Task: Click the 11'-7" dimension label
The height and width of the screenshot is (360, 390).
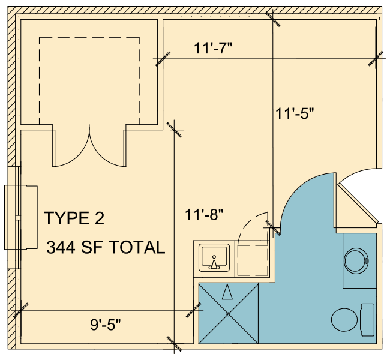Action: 212,48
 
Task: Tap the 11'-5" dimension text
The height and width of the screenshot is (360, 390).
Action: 295,113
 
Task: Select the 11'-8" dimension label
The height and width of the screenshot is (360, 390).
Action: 204,214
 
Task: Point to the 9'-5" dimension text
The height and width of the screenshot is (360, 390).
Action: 106,325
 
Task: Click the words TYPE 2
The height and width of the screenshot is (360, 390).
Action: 74,218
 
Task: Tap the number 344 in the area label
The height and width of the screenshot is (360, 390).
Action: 61,247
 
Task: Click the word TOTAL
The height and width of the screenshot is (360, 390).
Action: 137,247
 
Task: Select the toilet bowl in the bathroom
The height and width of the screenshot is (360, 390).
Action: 344,320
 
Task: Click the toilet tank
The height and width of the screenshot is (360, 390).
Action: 368,320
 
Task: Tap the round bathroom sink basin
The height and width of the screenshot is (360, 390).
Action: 356,261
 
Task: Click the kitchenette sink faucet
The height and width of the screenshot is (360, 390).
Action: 214,263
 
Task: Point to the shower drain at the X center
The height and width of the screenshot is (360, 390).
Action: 229,314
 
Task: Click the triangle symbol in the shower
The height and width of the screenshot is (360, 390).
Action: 227,292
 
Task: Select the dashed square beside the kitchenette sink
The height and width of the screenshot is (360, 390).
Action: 253,260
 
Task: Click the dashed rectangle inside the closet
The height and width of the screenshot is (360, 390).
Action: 89,80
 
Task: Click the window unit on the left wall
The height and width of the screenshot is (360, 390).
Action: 21,217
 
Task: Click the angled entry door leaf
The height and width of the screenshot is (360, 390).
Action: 358,203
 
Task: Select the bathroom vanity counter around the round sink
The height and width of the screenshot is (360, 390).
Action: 359,261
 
